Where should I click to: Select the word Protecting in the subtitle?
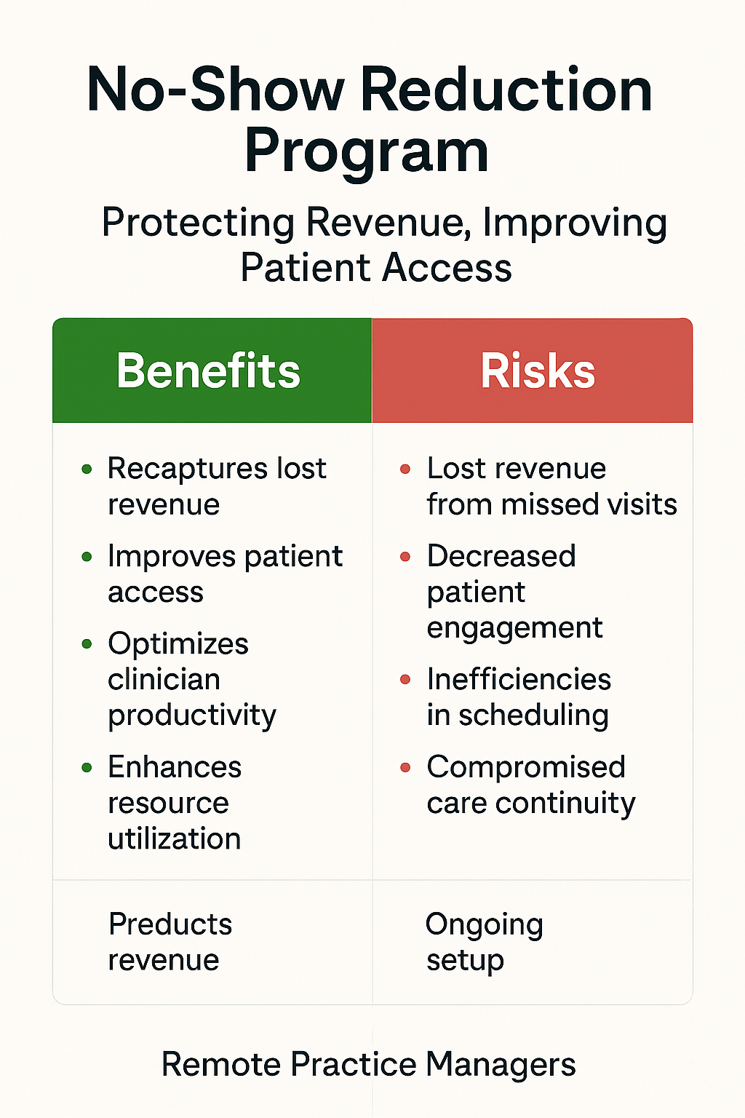(x=198, y=223)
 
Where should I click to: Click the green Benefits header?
(x=212, y=370)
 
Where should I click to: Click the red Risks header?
(x=533, y=370)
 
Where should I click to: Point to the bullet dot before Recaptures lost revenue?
(x=87, y=469)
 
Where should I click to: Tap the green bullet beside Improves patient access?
(x=87, y=557)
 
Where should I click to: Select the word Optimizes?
(x=178, y=645)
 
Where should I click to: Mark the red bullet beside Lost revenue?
(x=405, y=469)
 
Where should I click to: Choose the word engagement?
(x=515, y=628)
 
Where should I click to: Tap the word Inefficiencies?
(x=519, y=679)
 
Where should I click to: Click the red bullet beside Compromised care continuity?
(x=405, y=767)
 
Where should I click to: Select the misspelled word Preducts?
(x=170, y=924)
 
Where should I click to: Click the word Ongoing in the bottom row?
(x=485, y=926)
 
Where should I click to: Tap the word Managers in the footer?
(x=501, y=1065)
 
